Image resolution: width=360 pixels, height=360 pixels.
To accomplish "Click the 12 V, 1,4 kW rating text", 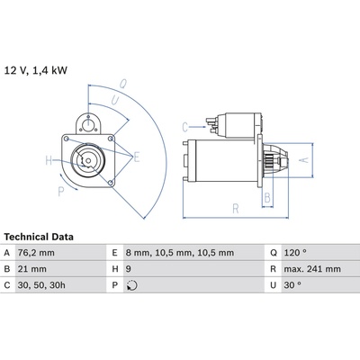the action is pos(36,71).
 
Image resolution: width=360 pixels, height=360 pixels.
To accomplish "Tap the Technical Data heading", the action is pos(39,237).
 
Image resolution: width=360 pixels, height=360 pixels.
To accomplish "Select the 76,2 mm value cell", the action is pos(36,253).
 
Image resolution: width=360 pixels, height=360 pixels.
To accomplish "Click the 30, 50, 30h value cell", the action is pos(41,285).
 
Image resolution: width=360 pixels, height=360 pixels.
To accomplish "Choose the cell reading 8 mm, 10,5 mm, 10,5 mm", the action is pos(180,253).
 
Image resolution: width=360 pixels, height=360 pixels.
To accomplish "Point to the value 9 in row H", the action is pos(129,269).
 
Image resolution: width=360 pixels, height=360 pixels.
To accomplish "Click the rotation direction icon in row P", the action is pos(132,285).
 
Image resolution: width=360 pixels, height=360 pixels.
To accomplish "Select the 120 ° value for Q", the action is pos(295,253).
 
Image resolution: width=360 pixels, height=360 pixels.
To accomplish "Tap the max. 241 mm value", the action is pos(312,269).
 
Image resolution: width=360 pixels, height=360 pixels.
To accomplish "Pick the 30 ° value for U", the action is pos(292,285).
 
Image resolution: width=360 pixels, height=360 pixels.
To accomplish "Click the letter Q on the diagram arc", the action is pos(123,84).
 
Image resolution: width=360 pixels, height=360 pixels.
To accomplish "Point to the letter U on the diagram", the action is pos(115,101).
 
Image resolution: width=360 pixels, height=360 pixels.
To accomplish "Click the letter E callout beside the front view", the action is pos(137,157).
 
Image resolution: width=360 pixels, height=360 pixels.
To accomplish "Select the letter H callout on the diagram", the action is pos(49,160).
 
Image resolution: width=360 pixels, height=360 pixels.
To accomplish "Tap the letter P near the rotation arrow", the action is pos(61,191).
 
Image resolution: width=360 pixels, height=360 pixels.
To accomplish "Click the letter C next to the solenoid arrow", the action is pos(185,127).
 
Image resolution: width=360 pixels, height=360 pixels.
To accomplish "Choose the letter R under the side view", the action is pos(236,209).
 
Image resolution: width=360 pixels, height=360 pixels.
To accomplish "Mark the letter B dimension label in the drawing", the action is pos(267,198).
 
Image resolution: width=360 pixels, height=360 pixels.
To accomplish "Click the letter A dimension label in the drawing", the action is pos(304,160).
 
